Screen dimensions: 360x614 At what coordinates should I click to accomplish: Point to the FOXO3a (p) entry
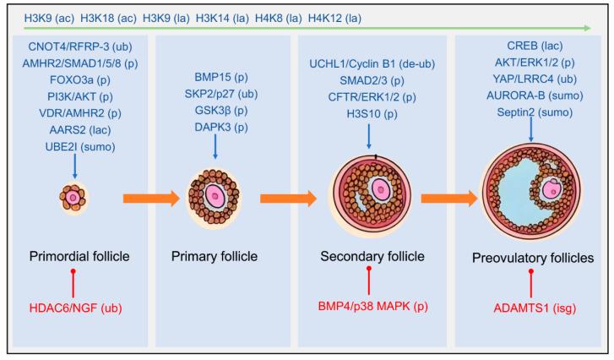pyautogui.click(x=75, y=82)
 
